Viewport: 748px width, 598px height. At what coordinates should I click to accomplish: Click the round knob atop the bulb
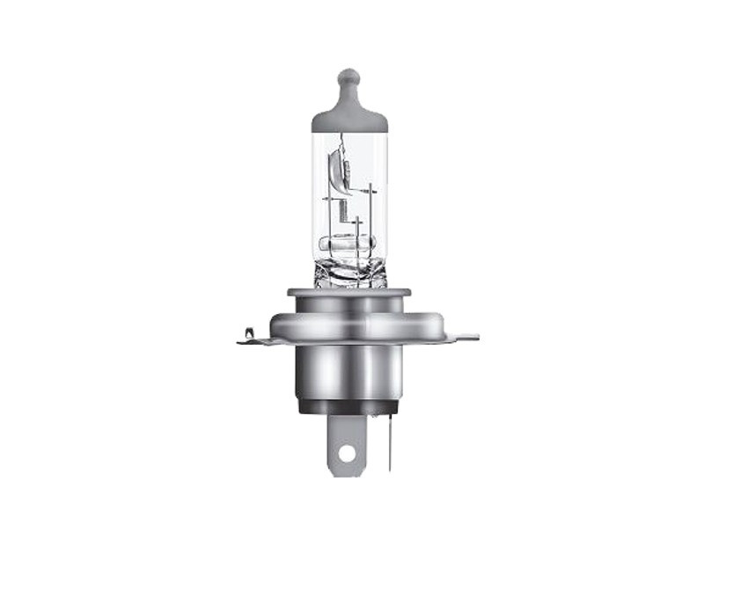point(348,77)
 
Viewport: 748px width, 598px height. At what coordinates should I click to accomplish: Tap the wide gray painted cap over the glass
point(349,118)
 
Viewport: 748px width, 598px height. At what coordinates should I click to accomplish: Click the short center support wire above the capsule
point(356,227)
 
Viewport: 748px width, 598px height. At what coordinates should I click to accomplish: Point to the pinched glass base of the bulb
point(349,271)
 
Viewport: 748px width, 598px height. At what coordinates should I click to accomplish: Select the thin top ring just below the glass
point(348,291)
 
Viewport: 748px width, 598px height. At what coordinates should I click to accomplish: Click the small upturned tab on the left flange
point(249,332)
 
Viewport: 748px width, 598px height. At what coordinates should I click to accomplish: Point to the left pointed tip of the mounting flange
point(240,341)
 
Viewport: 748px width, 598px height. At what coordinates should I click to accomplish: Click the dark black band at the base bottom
point(348,405)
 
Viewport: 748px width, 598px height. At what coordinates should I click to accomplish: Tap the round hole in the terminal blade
point(347,454)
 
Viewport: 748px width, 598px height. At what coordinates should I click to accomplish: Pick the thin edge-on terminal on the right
point(387,440)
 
